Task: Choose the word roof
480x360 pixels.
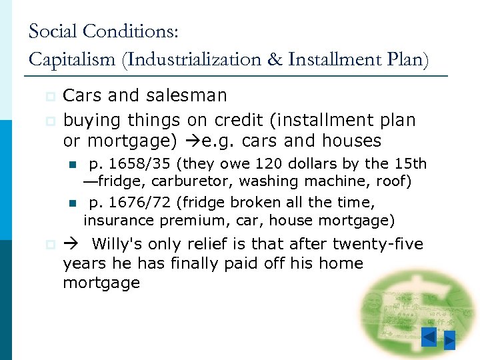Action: [x=396, y=181]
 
